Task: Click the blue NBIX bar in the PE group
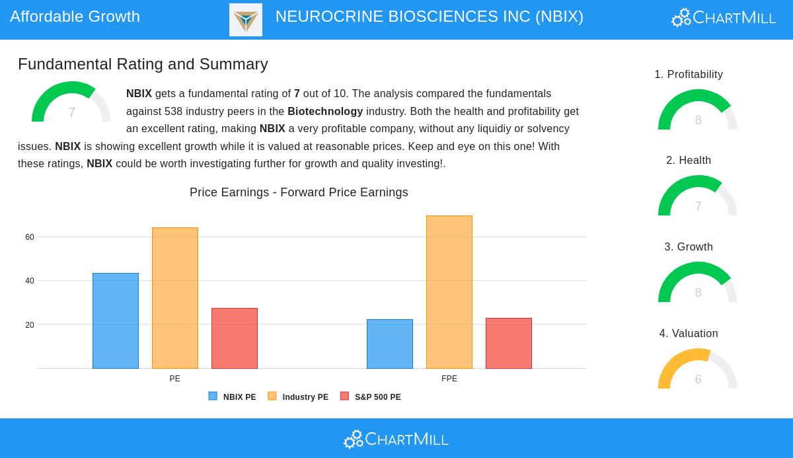tap(116, 321)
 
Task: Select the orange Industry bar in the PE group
tap(175, 298)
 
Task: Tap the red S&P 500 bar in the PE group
tap(235, 338)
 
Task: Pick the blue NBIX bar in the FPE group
tap(390, 344)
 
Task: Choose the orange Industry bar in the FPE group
tap(449, 292)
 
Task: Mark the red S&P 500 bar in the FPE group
tap(509, 343)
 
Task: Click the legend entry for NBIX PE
tap(233, 397)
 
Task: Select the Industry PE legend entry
tap(298, 397)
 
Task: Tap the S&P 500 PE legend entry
tap(371, 397)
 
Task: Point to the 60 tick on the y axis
tap(30, 237)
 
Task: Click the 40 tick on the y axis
tap(30, 281)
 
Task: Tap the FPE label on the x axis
tap(449, 379)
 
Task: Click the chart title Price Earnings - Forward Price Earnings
tap(299, 192)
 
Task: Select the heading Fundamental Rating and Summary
tap(143, 64)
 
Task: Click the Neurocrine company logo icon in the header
tap(246, 20)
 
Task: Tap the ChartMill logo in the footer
tap(397, 439)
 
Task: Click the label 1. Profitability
tap(689, 75)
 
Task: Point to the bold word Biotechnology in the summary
tap(325, 112)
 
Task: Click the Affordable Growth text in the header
tap(75, 17)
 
